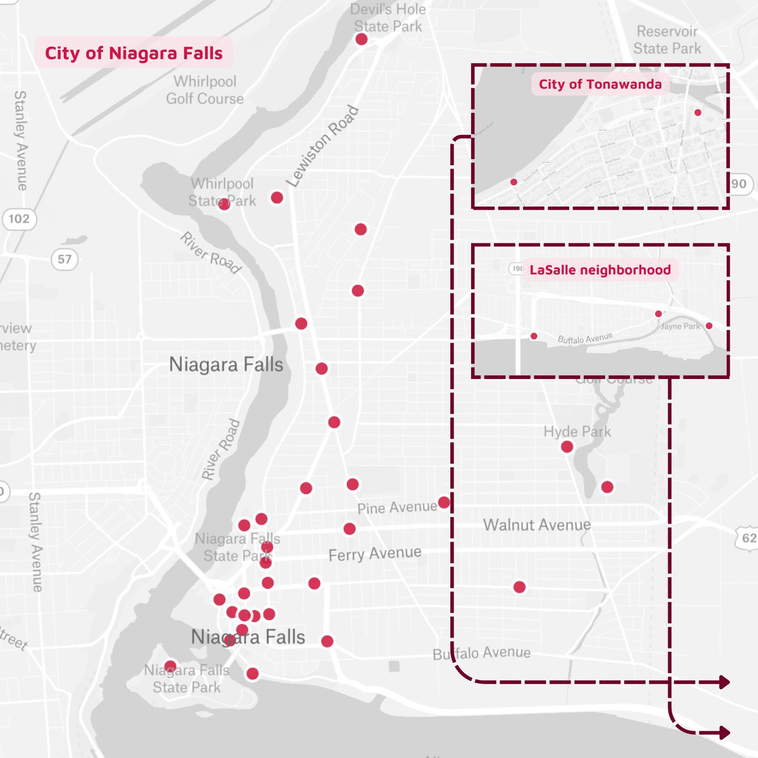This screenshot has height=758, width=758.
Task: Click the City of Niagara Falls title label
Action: tap(133, 53)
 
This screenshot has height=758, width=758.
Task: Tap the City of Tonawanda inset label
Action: tap(599, 85)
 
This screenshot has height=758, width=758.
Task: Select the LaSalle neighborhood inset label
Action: tap(599, 270)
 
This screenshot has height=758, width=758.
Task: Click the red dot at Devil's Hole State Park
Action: tap(361, 39)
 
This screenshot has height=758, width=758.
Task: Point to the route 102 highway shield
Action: tap(19, 219)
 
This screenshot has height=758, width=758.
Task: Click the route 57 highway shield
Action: tap(64, 259)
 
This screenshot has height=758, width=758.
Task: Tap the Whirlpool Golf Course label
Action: tap(205, 90)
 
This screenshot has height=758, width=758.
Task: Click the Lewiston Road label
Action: tap(322, 147)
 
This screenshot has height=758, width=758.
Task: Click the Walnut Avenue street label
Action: tap(537, 525)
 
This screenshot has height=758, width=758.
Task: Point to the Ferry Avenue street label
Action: tap(375, 554)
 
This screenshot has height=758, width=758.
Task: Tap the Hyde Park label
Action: tap(577, 432)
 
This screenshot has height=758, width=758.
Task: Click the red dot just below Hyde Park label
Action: tap(567, 447)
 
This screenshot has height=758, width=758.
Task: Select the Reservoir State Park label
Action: tap(667, 40)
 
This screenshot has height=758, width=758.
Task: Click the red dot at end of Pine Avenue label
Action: tap(444, 503)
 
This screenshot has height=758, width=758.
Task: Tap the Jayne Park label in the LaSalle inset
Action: tap(680, 327)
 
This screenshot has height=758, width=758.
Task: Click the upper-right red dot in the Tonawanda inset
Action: tap(698, 112)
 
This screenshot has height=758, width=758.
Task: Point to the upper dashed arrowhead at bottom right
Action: tap(724, 682)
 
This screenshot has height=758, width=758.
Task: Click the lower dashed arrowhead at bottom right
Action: tap(724, 733)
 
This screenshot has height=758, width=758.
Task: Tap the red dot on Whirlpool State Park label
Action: tap(224, 204)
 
